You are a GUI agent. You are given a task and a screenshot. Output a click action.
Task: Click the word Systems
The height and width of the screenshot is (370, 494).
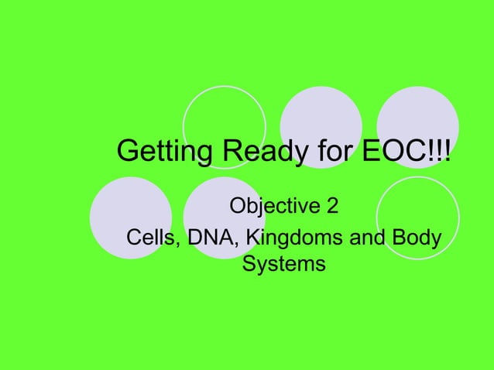284,265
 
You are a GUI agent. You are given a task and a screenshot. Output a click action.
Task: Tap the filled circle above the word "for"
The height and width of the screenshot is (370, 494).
321,116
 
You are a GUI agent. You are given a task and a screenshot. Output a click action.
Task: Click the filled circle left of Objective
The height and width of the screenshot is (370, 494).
130,218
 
